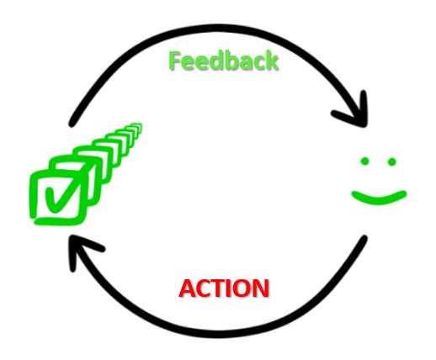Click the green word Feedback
click(x=223, y=61)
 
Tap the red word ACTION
click(x=224, y=289)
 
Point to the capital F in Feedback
click(x=174, y=61)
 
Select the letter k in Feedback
click(x=271, y=61)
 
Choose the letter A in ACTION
click(x=188, y=289)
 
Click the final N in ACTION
click(x=261, y=289)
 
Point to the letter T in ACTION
click(x=216, y=289)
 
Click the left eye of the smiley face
click(x=364, y=161)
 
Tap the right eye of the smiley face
click(x=391, y=161)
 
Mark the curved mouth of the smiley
click(x=379, y=199)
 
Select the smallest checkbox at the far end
click(x=136, y=128)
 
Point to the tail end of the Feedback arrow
click(x=72, y=124)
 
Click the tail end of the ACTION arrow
click(x=364, y=238)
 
